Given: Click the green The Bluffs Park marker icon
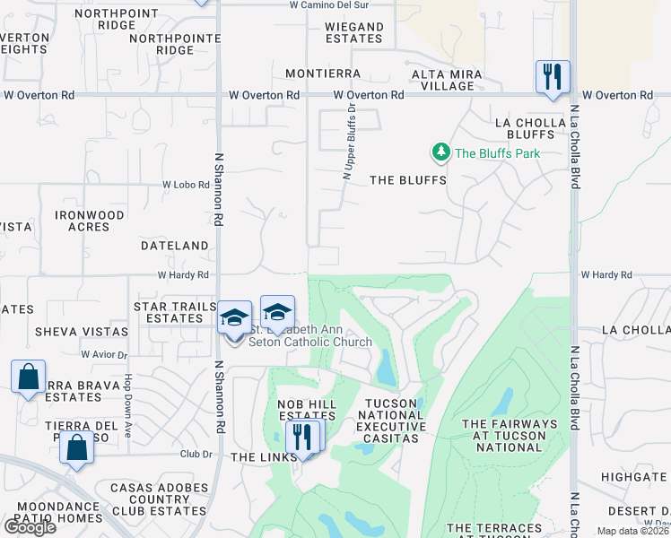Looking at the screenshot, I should pos(440,153).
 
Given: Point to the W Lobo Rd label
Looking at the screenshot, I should pos(185,185).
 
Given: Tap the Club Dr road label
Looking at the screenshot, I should pos(195,454).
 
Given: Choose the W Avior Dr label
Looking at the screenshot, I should pos(105,354).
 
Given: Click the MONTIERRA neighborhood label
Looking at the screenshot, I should pos(323,74).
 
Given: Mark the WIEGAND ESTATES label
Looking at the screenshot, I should pos(354,33).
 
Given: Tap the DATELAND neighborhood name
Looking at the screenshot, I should pos(174,245).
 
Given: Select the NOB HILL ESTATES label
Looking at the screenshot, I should pos(307,411).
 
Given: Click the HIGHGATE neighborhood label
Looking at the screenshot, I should pos(634,478).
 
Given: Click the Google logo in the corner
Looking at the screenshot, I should pos(29,526).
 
